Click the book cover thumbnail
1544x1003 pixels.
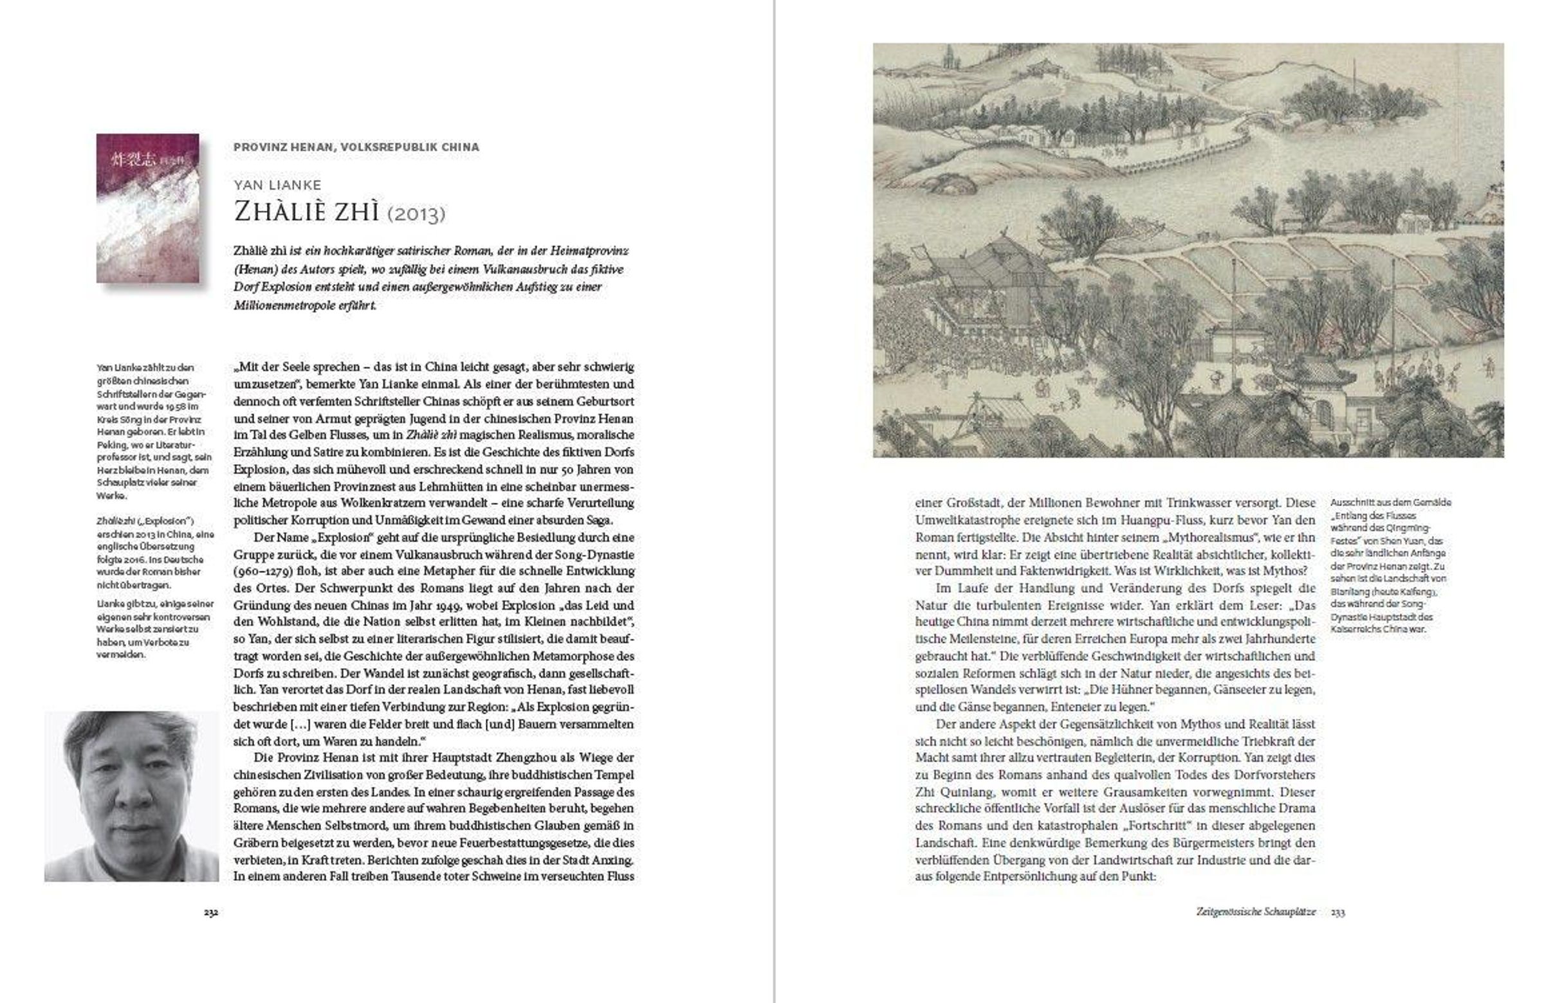coord(148,208)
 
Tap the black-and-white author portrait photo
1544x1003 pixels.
coord(131,796)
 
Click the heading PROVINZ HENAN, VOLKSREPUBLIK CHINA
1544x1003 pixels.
coord(356,147)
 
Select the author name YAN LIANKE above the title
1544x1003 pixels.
coord(278,185)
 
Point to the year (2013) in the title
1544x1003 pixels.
coord(416,214)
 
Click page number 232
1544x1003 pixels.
coord(211,912)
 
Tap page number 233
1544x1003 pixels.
coord(1338,912)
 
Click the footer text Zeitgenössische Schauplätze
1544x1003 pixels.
coord(1256,912)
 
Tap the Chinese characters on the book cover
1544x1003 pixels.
coord(135,159)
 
